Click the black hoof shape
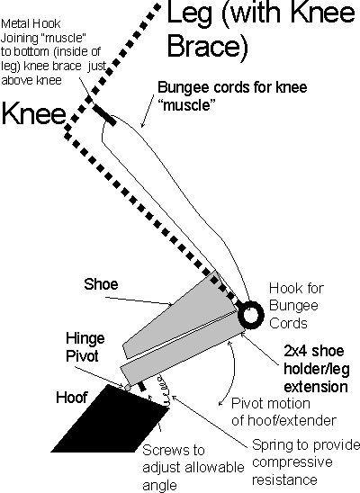click(110, 421)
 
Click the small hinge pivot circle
click(127, 388)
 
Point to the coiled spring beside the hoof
click(164, 390)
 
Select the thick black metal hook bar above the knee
click(104, 115)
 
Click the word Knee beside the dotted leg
click(33, 113)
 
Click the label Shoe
click(101, 284)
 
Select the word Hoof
click(72, 397)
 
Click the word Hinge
click(85, 338)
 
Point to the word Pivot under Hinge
click(83, 356)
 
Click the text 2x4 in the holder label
click(297, 351)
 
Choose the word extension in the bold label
click(316, 387)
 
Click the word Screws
click(174, 450)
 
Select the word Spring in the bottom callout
click(274, 446)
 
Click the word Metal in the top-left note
click(15, 24)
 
